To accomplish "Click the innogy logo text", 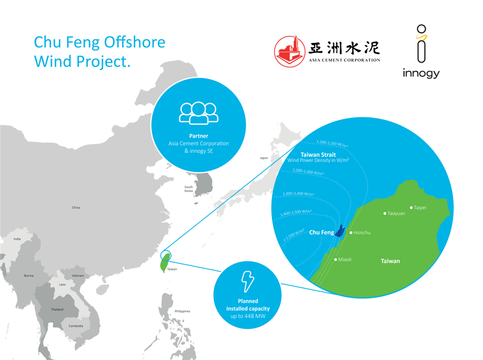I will (x=421, y=73).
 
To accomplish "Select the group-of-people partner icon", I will (x=199, y=113).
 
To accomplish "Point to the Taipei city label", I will (x=420, y=208).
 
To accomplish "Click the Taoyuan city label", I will (x=396, y=213).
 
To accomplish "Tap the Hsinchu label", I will (x=362, y=233).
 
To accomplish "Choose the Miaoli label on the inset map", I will (x=344, y=260).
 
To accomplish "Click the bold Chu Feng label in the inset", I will (x=321, y=233).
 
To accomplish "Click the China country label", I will (x=76, y=208).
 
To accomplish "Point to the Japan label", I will (x=264, y=158).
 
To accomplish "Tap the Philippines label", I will (x=183, y=311).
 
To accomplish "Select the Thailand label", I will (x=57, y=309).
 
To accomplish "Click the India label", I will (x=17, y=239).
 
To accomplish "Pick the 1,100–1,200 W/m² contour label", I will (x=331, y=143).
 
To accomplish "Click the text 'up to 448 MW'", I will (x=247, y=316).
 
